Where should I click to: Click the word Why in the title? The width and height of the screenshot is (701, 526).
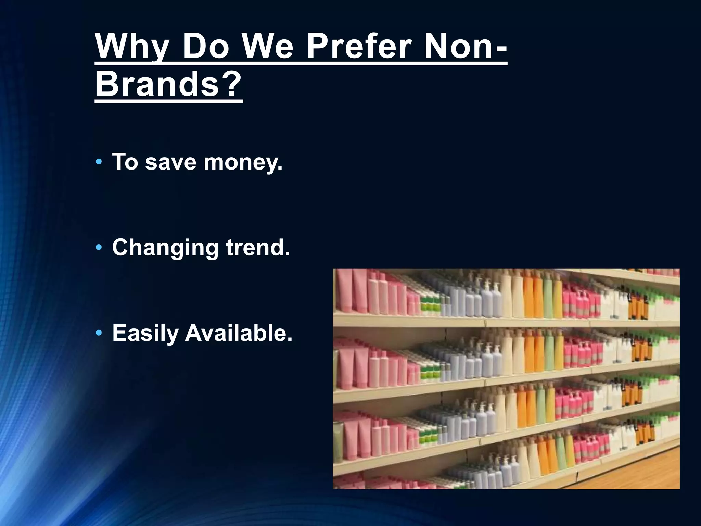[x=132, y=47]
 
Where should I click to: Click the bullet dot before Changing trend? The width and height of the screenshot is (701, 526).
[x=99, y=247]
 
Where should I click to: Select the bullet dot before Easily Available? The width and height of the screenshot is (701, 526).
[x=99, y=333]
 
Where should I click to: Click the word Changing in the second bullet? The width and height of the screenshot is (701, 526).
[x=165, y=248]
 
